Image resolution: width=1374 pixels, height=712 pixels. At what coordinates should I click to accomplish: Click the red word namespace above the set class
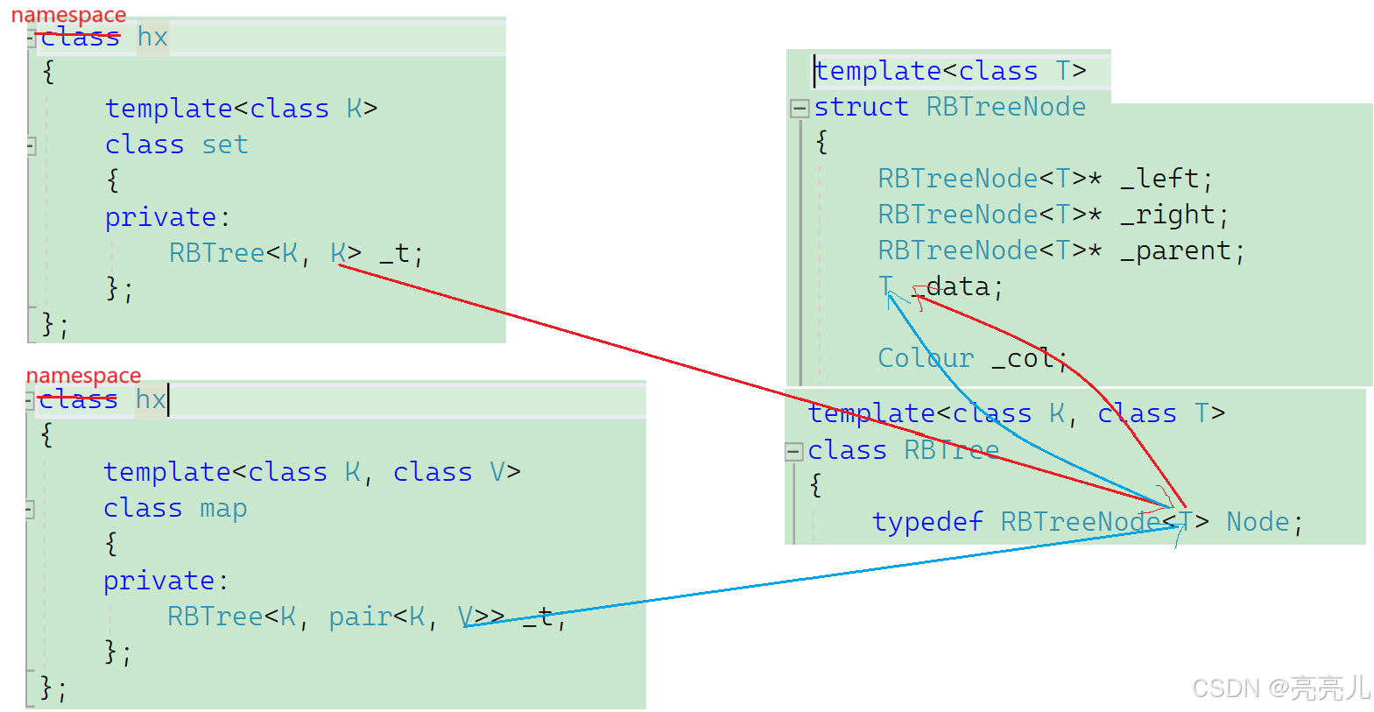[68, 15]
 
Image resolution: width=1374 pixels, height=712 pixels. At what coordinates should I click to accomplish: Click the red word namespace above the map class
[83, 376]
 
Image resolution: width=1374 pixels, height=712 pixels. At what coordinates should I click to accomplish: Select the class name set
[225, 145]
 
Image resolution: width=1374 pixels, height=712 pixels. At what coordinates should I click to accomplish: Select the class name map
[223, 508]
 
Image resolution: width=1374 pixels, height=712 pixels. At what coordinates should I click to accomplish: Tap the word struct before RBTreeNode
[861, 107]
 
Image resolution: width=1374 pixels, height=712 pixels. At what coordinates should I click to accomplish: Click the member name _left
[1159, 179]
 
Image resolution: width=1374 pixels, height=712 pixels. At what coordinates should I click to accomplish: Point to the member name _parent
[1176, 250]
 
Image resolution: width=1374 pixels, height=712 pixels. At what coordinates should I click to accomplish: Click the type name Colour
[926, 357]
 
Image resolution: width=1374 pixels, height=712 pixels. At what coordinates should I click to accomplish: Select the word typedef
[927, 522]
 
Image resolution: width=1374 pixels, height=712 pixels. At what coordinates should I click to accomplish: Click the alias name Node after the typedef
[1258, 522]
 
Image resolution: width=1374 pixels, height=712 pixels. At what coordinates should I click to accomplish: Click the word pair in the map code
[360, 617]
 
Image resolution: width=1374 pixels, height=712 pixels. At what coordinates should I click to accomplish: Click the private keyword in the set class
[161, 217]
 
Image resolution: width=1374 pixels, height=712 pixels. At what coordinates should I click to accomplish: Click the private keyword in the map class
[159, 581]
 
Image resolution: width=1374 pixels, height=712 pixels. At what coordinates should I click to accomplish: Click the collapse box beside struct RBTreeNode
[799, 109]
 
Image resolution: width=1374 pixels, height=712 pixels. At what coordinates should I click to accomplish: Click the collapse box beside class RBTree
[793, 452]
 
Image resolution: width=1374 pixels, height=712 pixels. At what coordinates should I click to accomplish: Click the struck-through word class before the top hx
[80, 38]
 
